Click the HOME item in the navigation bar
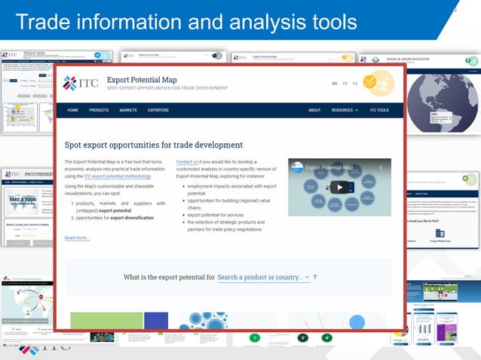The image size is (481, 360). tap(72, 110)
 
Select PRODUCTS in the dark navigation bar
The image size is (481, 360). tap(99, 110)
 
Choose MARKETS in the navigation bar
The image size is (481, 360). tap(128, 110)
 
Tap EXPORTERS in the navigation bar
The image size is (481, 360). tap(158, 110)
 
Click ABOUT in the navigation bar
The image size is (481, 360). tap(314, 110)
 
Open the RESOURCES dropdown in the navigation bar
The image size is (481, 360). tap(345, 110)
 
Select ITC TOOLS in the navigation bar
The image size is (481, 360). tap(379, 110)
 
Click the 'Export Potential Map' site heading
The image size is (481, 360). tap(142, 79)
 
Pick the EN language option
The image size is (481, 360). tap(335, 84)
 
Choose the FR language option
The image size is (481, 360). tap(345, 84)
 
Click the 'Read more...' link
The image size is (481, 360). tap(77, 238)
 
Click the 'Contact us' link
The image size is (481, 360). tap(187, 162)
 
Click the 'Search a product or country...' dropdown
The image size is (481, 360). tap(263, 277)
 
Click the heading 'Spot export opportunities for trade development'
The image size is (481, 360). tap(154, 145)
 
